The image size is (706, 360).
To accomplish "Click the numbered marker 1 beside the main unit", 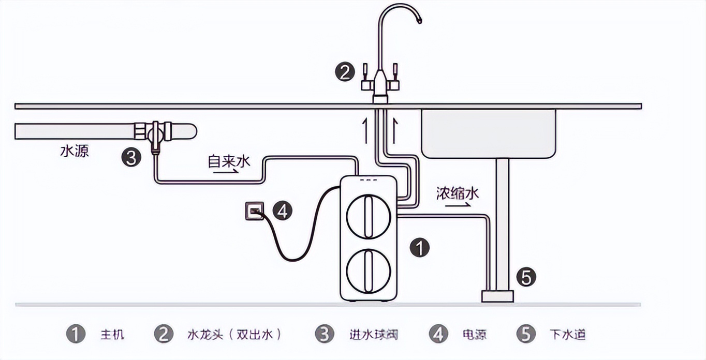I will pyautogui.click(x=419, y=248).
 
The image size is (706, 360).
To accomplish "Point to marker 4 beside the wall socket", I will pyautogui.click(x=283, y=211).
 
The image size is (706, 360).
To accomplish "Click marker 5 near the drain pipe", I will pyautogui.click(x=526, y=278).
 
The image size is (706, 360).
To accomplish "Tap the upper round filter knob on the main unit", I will pyautogui.click(x=367, y=216).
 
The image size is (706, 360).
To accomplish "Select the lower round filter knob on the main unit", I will pyautogui.click(x=367, y=271).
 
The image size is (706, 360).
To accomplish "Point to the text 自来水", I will pyautogui.click(x=229, y=160).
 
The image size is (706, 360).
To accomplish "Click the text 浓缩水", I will pyautogui.click(x=458, y=194).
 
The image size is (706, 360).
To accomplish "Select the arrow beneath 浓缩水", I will pyautogui.click(x=458, y=205).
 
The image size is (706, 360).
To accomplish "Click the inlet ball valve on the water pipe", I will pyautogui.click(x=154, y=132).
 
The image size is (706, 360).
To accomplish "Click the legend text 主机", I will pyautogui.click(x=112, y=334).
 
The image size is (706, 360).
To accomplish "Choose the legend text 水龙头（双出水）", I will pyautogui.click(x=234, y=334).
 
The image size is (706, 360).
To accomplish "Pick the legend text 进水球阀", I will pyautogui.click(x=373, y=334).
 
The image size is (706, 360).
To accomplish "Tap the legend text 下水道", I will pyautogui.click(x=568, y=334).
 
